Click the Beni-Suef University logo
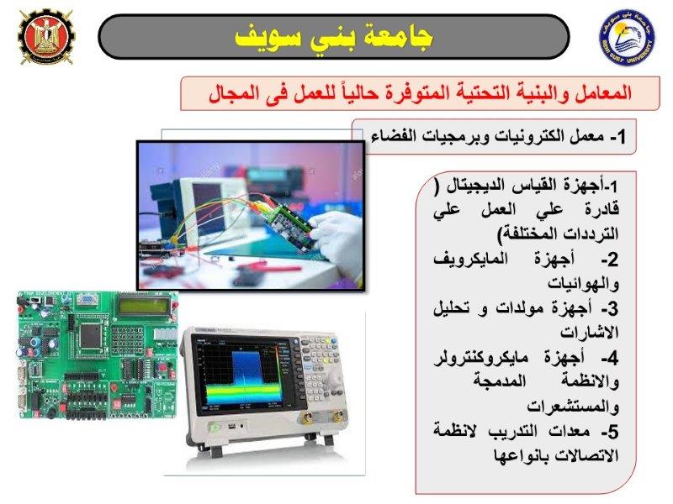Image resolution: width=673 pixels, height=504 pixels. pyautogui.click(x=627, y=38)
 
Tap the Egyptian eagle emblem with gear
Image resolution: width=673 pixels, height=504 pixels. pyautogui.click(x=46, y=37)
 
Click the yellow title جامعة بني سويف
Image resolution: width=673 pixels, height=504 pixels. pyautogui.click(x=334, y=37)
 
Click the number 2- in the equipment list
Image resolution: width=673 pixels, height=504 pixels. pyautogui.click(x=610, y=260)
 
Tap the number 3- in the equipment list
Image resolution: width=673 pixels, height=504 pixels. pyautogui.click(x=610, y=308)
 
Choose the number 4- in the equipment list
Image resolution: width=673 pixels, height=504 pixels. pyautogui.click(x=610, y=358)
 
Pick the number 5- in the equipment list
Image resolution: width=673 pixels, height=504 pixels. pyautogui.click(x=610, y=431)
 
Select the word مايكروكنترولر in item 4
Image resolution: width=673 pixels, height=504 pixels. pyautogui.click(x=481, y=358)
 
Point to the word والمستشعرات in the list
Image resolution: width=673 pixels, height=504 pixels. pyautogui.click(x=573, y=407)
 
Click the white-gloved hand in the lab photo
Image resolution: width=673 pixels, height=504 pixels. pyautogui.click(x=338, y=237)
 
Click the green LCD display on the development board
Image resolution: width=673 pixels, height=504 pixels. pyautogui.click(x=144, y=306)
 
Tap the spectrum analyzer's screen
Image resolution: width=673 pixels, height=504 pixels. pyautogui.click(x=243, y=374)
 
